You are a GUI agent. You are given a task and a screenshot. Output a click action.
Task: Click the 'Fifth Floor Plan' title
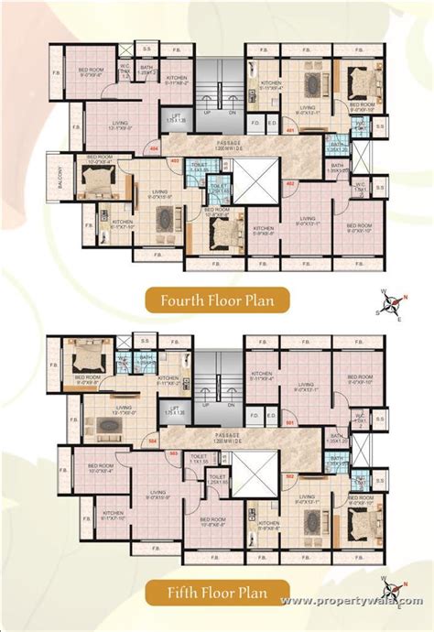click(217, 593)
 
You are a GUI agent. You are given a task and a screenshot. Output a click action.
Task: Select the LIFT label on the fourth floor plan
click(175, 119)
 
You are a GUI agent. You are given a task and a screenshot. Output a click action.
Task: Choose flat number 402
click(289, 183)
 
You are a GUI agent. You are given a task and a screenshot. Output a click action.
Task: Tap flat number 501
click(289, 422)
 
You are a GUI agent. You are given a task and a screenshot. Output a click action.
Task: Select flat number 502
click(289, 476)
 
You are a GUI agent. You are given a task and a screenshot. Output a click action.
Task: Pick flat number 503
click(174, 452)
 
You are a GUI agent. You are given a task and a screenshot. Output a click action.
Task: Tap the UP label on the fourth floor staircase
click(208, 112)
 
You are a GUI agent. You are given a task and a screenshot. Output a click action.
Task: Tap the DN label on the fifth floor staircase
click(233, 406)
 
